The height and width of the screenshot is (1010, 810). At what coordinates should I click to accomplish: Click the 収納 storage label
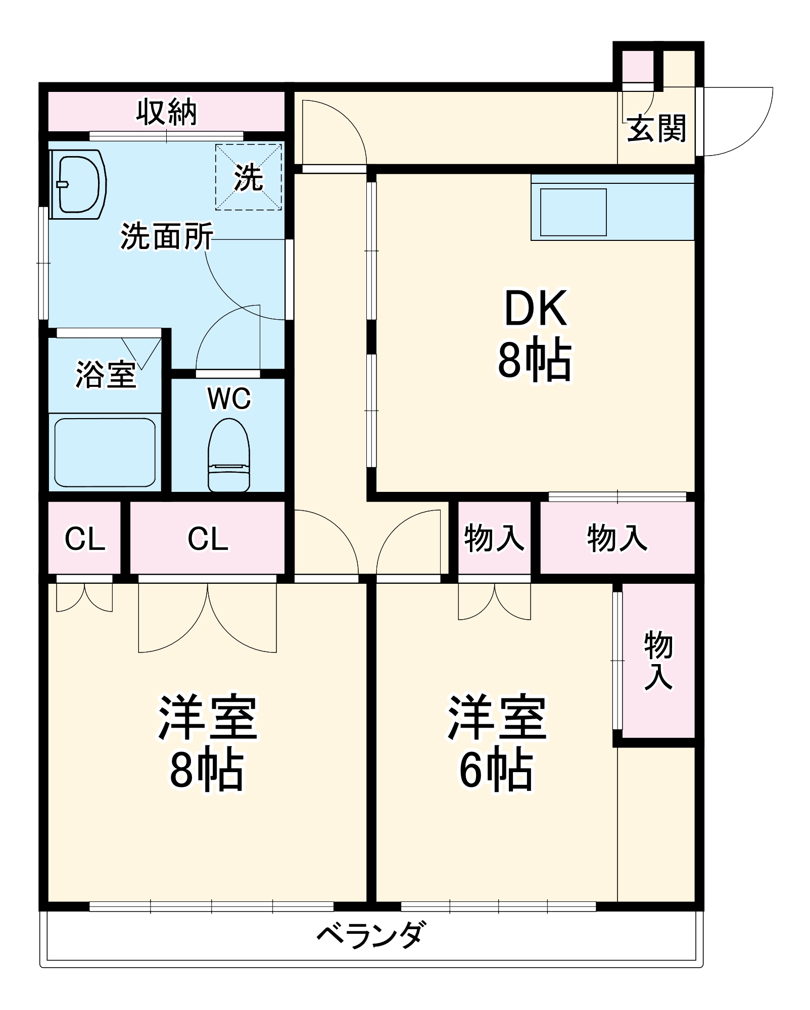(166, 112)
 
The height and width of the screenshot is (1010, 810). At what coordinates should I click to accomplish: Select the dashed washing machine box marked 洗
(248, 177)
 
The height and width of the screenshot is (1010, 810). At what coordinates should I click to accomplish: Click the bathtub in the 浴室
(105, 452)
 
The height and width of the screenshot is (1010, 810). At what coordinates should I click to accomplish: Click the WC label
(229, 399)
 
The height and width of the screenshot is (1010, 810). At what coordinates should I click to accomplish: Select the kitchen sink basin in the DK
(573, 212)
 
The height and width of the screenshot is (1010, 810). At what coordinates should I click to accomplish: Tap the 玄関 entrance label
(656, 129)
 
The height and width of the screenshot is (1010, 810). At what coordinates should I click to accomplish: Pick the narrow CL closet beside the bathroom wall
(85, 538)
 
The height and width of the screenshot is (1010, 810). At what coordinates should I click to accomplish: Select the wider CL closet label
(208, 538)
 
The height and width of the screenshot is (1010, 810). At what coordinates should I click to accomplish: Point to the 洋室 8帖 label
(207, 742)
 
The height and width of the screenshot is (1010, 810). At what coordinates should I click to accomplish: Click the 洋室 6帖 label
(496, 742)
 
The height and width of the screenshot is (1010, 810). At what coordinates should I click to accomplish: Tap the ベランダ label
(371, 935)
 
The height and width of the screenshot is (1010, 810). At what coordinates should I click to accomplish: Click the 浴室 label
(106, 374)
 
